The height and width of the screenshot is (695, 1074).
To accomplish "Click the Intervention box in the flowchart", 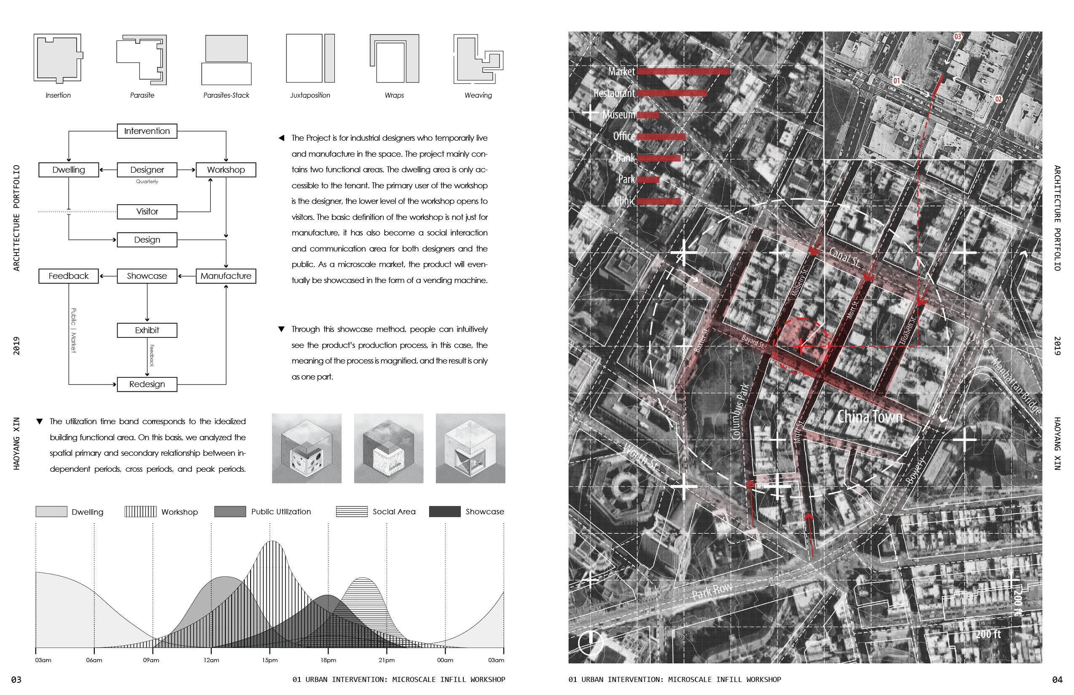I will click(147, 131).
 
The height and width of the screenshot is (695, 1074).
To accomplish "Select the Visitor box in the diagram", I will click(147, 211).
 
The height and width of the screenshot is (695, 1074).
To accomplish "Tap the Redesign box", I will click(147, 385).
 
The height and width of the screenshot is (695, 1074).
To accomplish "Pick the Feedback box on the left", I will click(69, 276).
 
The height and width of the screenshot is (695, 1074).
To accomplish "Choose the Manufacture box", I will click(226, 276).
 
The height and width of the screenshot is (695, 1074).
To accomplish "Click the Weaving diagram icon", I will click(478, 59).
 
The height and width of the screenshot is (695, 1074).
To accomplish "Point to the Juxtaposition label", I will click(310, 95).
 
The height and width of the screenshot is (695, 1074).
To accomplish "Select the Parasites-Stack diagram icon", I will click(226, 59).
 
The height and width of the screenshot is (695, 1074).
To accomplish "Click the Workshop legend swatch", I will click(140, 511).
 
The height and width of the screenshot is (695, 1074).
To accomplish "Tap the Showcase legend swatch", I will click(444, 511).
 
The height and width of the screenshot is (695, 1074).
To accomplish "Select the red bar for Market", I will click(683, 71).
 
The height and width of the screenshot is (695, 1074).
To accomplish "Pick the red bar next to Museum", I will click(648, 115).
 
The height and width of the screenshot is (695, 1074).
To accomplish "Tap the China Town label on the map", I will click(870, 417).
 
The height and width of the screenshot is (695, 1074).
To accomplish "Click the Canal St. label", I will click(844, 257).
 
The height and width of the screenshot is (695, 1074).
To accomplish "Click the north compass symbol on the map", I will click(590, 642).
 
